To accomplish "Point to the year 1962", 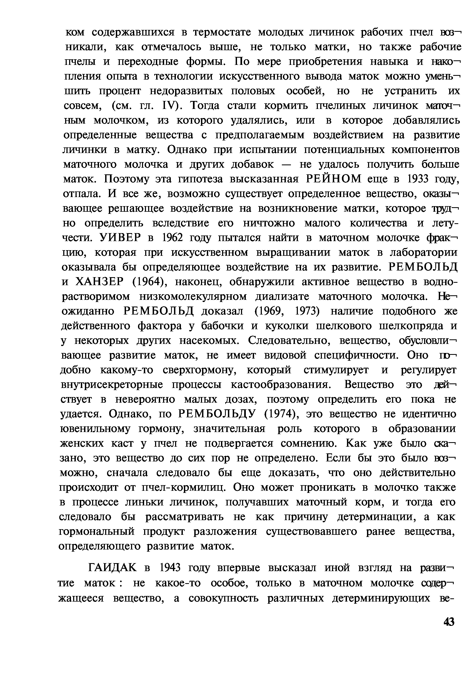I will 172,238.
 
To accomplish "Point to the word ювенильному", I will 95,429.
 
